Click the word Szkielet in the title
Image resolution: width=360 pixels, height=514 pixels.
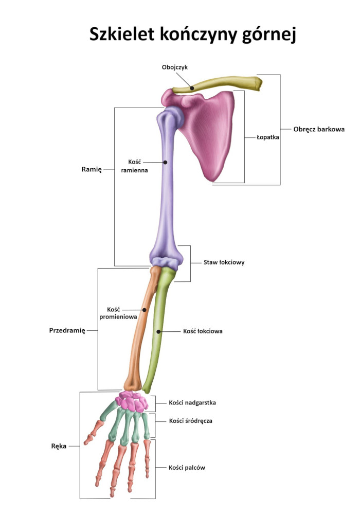coord(121,34)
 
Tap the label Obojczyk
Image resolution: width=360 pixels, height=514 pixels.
coord(174,67)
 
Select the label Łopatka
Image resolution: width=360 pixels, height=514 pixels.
coord(267,137)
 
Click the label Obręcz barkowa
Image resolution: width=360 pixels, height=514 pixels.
coord(319,129)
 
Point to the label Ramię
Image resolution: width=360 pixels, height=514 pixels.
coord(92,169)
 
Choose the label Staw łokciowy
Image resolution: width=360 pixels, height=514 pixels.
coord(224,262)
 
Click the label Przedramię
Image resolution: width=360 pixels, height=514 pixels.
coord(67,330)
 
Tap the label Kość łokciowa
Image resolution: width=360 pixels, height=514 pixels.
coord(203,331)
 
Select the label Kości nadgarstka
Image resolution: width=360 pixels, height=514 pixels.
coord(192,402)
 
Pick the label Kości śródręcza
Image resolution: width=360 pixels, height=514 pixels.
coord(191,420)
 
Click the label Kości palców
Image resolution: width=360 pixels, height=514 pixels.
coord(187,468)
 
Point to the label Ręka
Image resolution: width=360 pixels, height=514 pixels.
coord(59,446)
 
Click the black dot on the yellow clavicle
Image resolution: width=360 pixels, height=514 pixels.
coord(192,88)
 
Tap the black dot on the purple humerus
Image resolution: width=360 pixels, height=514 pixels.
coord(166,162)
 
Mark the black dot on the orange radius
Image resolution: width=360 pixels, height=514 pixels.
coord(144,310)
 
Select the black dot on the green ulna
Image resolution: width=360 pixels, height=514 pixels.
coord(158,332)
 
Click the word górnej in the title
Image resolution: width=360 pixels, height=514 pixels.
coord(269,35)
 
